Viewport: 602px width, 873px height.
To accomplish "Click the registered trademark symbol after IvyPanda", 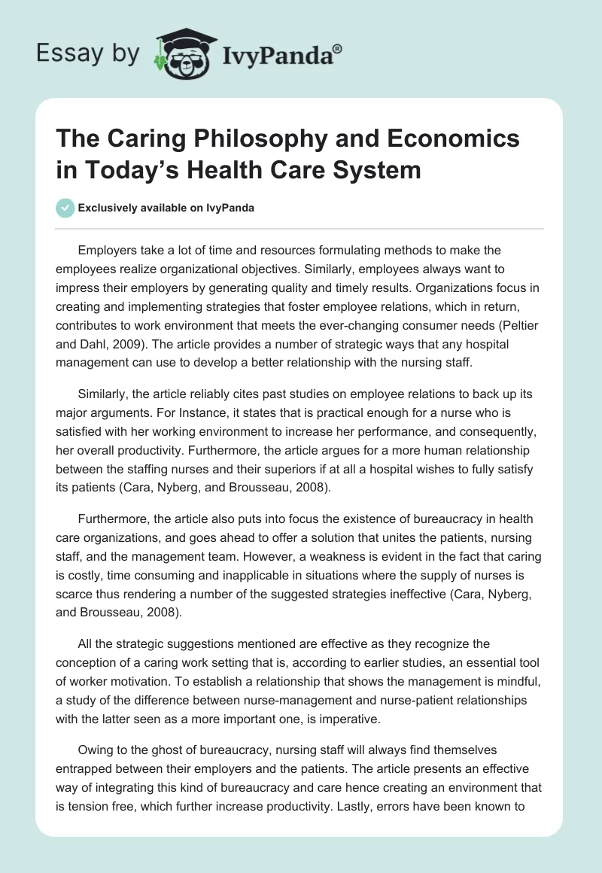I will (338, 49).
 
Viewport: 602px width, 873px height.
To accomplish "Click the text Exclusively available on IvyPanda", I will (167, 208).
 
